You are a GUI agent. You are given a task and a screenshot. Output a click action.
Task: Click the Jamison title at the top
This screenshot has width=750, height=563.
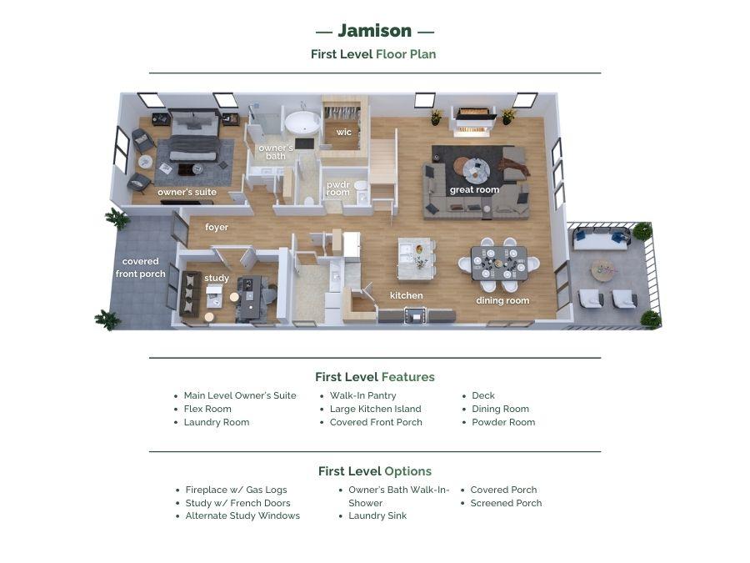click(374, 31)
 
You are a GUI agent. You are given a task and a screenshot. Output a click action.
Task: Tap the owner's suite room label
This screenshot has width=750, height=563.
click(187, 192)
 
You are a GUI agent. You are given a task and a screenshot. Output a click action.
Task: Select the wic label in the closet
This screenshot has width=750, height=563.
click(343, 132)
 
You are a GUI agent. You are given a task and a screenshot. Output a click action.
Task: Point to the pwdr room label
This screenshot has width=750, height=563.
click(338, 189)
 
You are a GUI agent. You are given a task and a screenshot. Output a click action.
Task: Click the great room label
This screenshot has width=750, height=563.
click(474, 189)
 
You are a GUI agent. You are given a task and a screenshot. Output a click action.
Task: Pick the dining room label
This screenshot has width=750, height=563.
click(502, 300)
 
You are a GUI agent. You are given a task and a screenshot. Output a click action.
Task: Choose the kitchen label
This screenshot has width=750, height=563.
click(406, 295)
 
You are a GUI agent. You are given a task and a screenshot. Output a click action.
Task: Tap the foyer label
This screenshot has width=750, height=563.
click(217, 227)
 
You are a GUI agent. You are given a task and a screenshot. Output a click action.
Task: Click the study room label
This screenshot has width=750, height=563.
click(217, 278)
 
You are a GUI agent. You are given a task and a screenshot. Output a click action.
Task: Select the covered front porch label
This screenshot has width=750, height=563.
click(140, 268)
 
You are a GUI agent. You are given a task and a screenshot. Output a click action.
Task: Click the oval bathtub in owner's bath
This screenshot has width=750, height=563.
click(302, 123)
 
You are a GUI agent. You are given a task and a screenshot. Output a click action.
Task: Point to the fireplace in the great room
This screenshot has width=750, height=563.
click(474, 122)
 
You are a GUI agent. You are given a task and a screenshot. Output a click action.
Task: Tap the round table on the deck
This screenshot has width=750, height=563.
click(603, 270)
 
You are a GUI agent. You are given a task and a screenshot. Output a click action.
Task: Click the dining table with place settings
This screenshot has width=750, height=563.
click(499, 264)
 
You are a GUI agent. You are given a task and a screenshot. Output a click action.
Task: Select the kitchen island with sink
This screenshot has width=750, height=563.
click(417, 259)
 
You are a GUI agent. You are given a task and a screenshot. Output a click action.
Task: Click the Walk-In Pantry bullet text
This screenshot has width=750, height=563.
click(362, 395)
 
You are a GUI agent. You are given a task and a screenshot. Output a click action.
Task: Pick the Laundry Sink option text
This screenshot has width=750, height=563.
click(377, 515)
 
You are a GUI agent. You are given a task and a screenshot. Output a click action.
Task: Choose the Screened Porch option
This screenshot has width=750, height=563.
click(506, 503)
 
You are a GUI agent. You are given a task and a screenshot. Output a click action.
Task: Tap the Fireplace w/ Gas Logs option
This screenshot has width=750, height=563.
click(237, 490)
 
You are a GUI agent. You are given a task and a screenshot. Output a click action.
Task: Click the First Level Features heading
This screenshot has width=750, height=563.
click(374, 377)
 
